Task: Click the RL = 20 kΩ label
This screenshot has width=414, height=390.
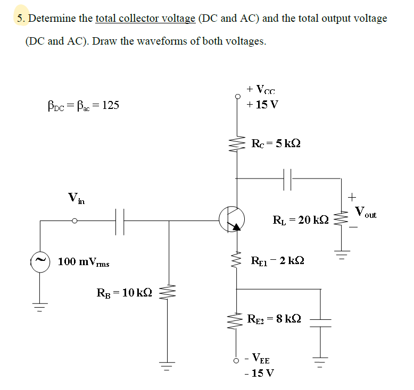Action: pos(301,219)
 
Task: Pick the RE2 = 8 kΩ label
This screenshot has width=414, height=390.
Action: pos(275,319)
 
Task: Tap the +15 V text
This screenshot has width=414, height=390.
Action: pos(262,104)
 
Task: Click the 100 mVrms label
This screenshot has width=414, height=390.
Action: pos(84,262)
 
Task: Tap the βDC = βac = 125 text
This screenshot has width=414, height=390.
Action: pos(84,105)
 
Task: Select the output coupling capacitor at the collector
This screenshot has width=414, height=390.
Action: pos(291,180)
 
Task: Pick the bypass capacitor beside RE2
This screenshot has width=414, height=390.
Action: pos(320,320)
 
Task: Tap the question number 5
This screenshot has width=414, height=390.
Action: pos(21,19)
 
